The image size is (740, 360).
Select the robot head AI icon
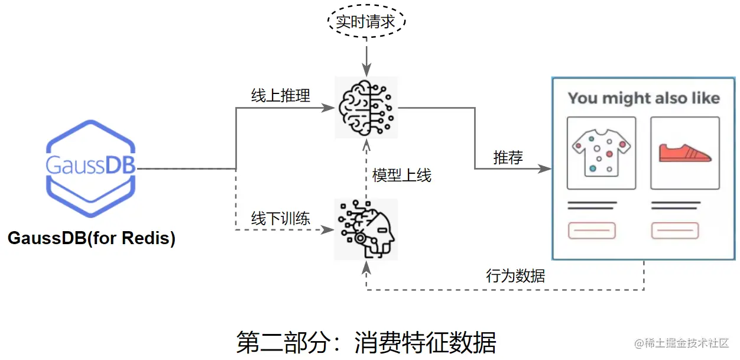366,229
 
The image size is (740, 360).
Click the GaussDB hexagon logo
91,169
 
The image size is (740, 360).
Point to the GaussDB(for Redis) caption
91,239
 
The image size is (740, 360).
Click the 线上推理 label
281,96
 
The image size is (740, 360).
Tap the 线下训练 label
281,218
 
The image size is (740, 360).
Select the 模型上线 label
402,176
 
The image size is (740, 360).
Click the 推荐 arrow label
508,158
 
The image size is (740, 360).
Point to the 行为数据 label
515,275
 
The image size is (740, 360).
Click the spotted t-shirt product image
601,153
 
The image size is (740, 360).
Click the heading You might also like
644,98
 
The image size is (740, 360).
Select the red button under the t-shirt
592,230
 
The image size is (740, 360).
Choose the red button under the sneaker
676,230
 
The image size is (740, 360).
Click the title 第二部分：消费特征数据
366,342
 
